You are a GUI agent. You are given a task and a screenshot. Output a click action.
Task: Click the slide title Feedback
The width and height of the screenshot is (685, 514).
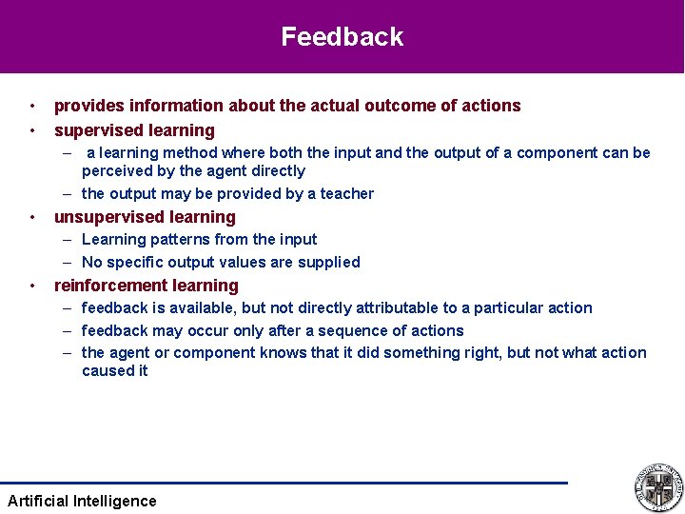342,37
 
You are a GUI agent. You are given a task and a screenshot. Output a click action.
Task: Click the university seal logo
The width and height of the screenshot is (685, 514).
658,487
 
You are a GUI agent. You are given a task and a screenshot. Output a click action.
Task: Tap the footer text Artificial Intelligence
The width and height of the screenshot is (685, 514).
82,501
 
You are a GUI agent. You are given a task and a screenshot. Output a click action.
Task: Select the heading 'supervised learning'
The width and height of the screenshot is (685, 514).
134,130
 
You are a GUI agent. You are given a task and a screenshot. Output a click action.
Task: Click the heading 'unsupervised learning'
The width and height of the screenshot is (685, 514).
145,217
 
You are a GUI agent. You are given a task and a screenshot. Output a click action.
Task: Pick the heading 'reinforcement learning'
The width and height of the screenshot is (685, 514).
147,286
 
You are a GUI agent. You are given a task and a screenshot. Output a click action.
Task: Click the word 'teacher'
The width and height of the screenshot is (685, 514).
346,194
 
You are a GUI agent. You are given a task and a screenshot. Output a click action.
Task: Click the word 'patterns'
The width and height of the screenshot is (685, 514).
174,240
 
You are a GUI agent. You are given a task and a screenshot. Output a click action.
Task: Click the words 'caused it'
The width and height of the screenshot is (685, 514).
114,371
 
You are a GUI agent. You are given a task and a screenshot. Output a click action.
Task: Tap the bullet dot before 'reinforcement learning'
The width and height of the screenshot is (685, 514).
32,286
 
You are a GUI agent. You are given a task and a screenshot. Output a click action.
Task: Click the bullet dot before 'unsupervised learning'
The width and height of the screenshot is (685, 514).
32,217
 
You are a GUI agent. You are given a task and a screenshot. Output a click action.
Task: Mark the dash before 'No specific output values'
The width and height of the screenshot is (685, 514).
68,263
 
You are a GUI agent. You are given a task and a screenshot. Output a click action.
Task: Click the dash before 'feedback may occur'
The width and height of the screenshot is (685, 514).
68,331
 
